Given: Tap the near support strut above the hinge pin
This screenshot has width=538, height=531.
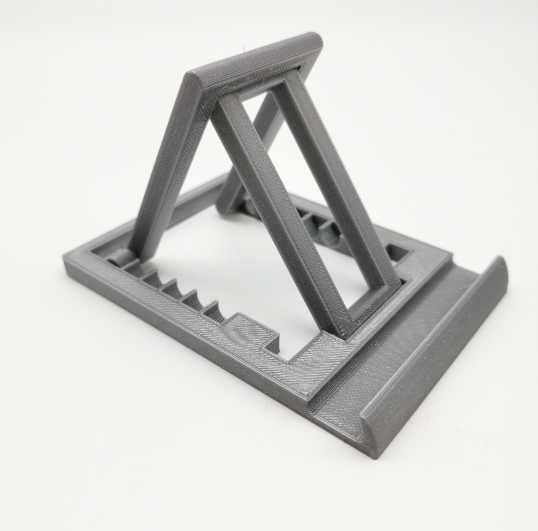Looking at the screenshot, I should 164,169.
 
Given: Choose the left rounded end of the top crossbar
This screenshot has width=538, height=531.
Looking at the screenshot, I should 192,85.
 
